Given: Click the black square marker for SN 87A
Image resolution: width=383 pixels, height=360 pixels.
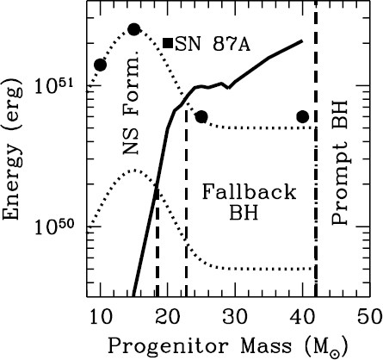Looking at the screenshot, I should tap(168, 42).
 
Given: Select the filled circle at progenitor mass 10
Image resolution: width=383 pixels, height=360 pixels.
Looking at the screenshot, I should tap(100, 65).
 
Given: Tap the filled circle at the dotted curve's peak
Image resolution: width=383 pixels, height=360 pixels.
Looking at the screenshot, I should tap(133, 29).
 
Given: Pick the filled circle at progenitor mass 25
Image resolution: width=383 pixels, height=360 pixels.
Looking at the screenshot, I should tap(201, 116).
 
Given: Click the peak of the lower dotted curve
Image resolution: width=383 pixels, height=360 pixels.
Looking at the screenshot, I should tap(134, 170).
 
